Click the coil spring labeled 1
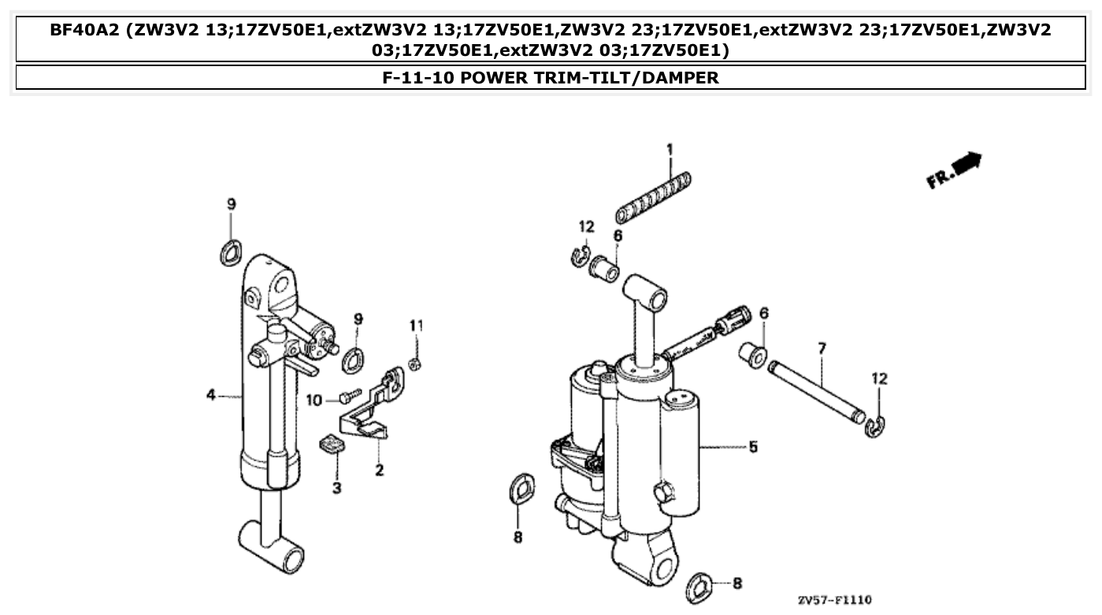(x=653, y=198)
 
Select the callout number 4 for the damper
(x=211, y=395)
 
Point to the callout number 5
(x=753, y=446)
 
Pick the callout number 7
(x=822, y=347)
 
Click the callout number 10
(x=314, y=401)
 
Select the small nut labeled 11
(x=417, y=363)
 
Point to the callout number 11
(x=416, y=325)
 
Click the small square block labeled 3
(x=333, y=446)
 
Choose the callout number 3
(x=336, y=488)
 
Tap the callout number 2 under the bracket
(x=379, y=471)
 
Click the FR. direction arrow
(x=955, y=169)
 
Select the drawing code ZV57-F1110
(x=834, y=600)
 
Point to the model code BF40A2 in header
(x=83, y=31)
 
